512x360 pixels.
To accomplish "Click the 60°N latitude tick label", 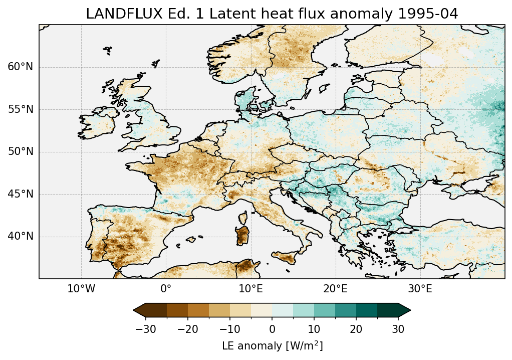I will pyautogui.click(x=20, y=67).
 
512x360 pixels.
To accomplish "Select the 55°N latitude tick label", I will pyautogui.click(x=20, y=109).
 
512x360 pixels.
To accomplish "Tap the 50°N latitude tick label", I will pyautogui.click(x=20, y=152).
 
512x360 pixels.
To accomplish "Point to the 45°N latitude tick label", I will pyautogui.click(x=20, y=194).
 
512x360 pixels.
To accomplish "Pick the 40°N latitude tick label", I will pyautogui.click(x=20, y=236).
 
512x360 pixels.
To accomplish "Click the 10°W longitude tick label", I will pyautogui.click(x=81, y=289).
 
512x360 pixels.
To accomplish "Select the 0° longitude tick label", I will pyautogui.click(x=166, y=289).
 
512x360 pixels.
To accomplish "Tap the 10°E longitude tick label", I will pyautogui.click(x=250, y=289).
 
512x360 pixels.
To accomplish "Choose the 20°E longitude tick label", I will pyautogui.click(x=335, y=289).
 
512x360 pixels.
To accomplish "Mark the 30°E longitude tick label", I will pyautogui.click(x=420, y=289).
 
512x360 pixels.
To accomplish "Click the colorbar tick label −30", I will pyautogui.click(x=145, y=329).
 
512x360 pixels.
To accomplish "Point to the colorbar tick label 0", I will pyautogui.click(x=272, y=329).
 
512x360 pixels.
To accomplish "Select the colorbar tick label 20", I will pyautogui.click(x=356, y=329).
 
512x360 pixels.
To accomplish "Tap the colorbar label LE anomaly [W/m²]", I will pyautogui.click(x=272, y=346).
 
